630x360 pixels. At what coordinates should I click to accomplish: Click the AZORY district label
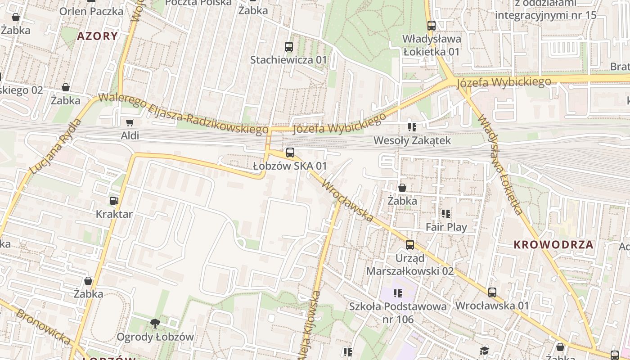pos(97,36)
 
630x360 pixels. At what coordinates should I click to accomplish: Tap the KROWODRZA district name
pos(553,245)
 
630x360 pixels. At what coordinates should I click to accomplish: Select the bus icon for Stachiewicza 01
pos(288,46)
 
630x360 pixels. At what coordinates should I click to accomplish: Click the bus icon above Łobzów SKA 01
pos(290,153)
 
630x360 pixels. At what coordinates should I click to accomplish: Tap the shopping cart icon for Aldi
pos(130,122)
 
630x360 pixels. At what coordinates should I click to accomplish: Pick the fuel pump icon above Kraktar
pos(114,201)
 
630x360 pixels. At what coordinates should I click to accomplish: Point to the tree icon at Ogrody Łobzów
pos(155,323)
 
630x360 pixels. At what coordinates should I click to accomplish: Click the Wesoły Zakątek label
pos(412,141)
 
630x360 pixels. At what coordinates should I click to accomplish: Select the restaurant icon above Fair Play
pos(446,214)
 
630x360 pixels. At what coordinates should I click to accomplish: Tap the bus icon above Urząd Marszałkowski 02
pos(409,245)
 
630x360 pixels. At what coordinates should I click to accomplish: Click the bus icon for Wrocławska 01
pos(492,292)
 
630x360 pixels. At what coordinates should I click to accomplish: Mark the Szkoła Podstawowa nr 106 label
pos(398,313)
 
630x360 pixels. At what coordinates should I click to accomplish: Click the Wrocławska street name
pos(347,201)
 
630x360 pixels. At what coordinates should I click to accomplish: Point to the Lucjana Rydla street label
pos(56,146)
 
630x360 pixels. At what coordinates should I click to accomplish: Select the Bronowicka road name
pos(43,327)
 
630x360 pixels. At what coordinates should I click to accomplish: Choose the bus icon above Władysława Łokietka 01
pos(431,26)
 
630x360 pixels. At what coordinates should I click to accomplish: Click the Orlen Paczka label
pos(91,11)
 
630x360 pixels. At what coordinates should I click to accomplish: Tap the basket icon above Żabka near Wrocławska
pos(402,188)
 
